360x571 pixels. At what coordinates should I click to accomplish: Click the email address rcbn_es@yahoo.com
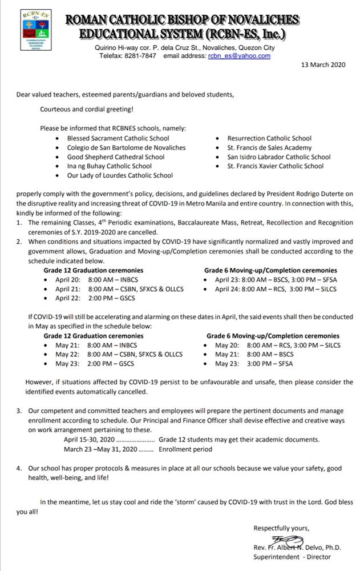pos(239,56)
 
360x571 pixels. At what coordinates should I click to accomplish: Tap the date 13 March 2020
pos(323,65)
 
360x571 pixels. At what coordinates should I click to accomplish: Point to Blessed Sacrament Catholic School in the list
pos(118,138)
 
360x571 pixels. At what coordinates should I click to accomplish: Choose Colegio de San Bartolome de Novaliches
pos(126,147)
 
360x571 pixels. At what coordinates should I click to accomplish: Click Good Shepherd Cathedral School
pos(116,157)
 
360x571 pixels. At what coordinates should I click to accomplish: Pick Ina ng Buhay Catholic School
pos(110,166)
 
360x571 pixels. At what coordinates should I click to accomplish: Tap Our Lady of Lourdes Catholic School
pos(120,175)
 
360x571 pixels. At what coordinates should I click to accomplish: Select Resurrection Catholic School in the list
pos(269,138)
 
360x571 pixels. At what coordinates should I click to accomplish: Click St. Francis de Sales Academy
pos(261,147)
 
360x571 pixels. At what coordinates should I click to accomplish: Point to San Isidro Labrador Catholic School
pos(279,157)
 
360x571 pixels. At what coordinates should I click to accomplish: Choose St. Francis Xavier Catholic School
pos(275,166)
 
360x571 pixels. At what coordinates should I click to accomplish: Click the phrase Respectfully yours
pos(281,528)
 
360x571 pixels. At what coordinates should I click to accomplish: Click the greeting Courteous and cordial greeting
pos(86,109)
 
